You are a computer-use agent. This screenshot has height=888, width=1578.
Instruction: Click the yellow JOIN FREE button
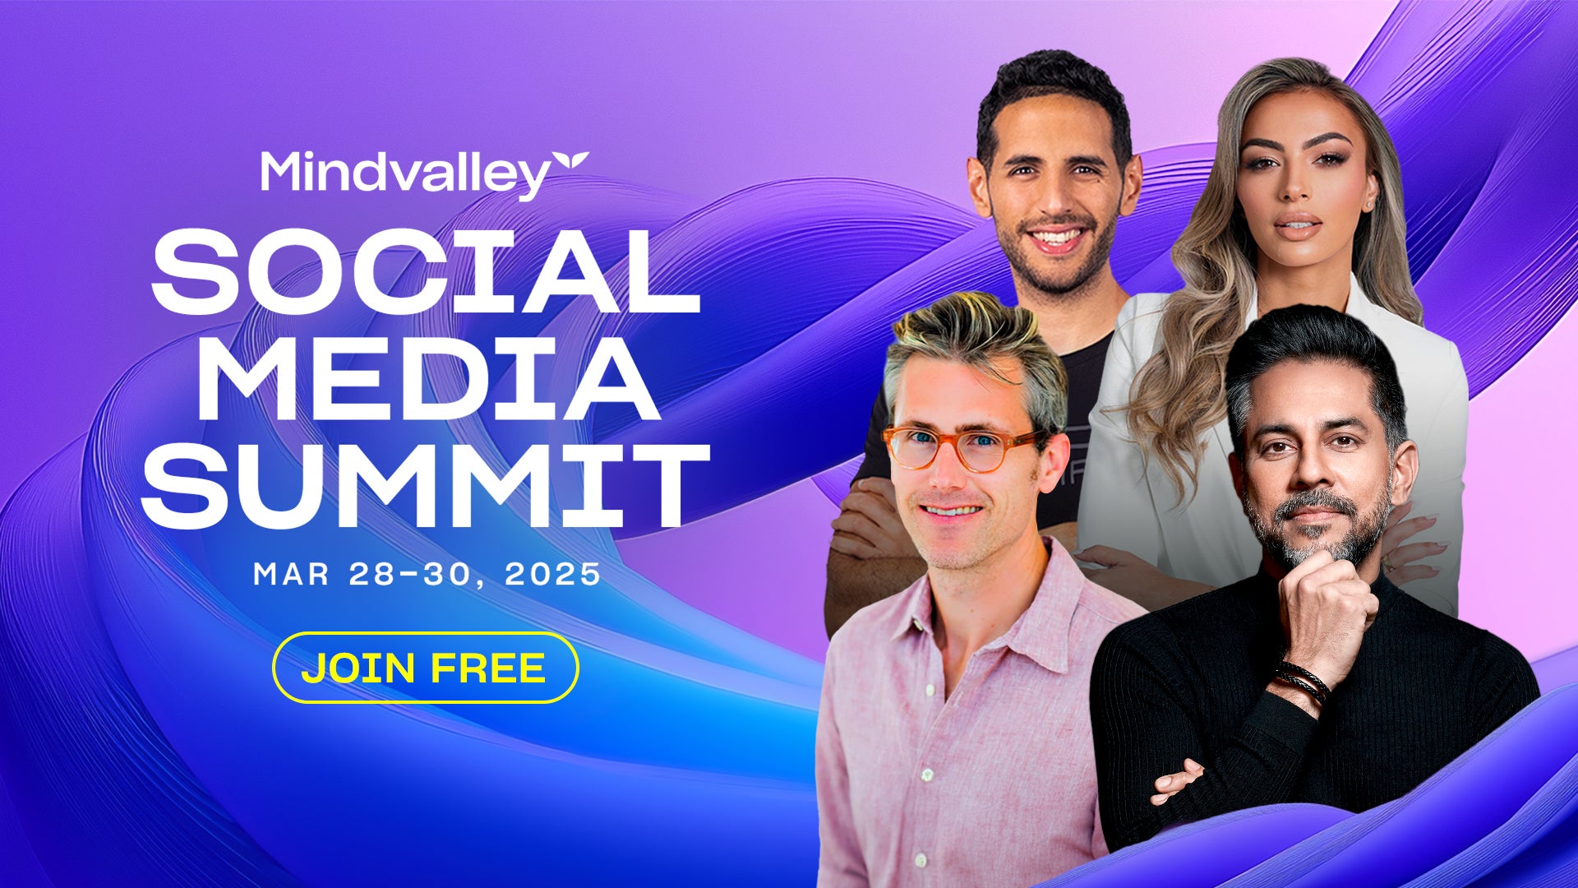tap(425, 668)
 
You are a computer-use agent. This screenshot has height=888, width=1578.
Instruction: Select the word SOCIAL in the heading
tap(424, 272)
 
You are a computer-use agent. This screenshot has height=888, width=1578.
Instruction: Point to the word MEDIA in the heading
tap(427, 379)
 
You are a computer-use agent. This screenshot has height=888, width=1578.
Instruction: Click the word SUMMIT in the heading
tap(426, 486)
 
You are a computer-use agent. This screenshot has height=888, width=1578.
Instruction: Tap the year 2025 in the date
tap(553, 574)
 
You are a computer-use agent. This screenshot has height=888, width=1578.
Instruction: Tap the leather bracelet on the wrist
tap(1302, 682)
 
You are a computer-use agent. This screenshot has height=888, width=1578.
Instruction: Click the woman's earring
tap(1369, 202)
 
